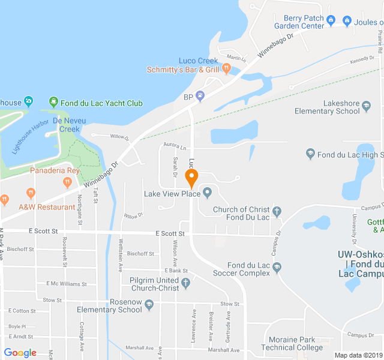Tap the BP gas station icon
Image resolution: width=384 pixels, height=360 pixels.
200,95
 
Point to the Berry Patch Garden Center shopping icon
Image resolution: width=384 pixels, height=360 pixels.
330,19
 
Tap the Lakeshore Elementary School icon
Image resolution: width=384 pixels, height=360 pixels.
366,107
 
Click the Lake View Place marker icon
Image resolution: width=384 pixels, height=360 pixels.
208,193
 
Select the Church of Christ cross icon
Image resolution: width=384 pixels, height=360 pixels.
277,211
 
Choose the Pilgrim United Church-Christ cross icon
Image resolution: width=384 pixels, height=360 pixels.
186,283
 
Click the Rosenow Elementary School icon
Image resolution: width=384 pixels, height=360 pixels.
149,305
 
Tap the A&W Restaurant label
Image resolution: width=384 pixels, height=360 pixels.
47,207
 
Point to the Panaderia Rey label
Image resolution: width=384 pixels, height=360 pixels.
55,170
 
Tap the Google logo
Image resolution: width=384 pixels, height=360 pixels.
20,353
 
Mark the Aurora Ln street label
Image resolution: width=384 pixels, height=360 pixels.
175,147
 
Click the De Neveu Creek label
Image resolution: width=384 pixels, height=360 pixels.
66,124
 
